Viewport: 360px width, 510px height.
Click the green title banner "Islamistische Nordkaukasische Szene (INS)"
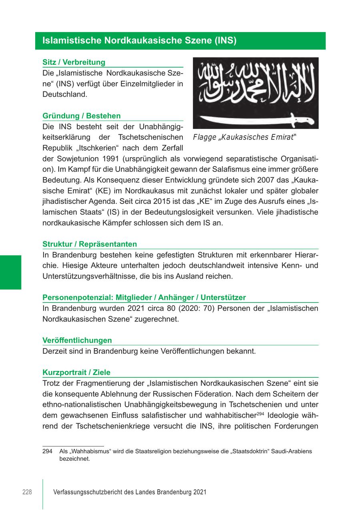point(180,41)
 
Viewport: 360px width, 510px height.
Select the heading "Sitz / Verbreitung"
point(74,62)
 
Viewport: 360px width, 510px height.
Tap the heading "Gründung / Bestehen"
point(82,116)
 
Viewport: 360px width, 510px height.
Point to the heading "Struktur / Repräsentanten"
point(90,244)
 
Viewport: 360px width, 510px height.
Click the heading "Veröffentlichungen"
point(77,341)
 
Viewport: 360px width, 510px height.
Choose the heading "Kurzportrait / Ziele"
point(76,373)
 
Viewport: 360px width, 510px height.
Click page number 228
point(27,492)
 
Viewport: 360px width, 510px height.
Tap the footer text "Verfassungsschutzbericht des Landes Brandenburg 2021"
point(130,492)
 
